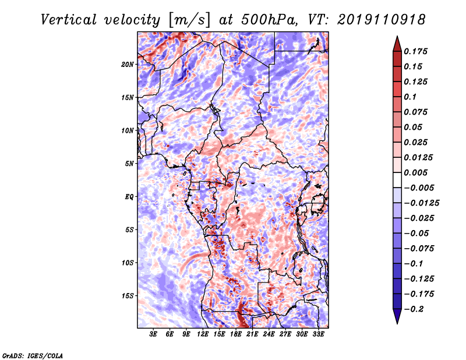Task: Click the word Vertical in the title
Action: [68, 20]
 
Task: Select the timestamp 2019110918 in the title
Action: [382, 20]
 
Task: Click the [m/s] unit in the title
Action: [189, 20]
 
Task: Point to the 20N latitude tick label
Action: [128, 65]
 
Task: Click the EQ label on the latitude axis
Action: [129, 197]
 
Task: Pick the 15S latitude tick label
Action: [128, 296]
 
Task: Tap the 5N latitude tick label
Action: [129, 164]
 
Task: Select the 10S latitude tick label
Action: [128, 263]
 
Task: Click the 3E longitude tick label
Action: [153, 334]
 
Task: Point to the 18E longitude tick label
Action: [236, 334]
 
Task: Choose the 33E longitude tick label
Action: [318, 334]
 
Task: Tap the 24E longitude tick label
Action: [269, 334]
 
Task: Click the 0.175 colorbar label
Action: [415, 51]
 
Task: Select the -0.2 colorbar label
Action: [414, 309]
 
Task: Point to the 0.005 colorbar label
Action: [415, 172]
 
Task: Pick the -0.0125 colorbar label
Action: [422, 203]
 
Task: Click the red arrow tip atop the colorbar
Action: [397, 36]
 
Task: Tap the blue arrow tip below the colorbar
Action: [397, 323]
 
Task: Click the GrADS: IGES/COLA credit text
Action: [33, 355]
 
